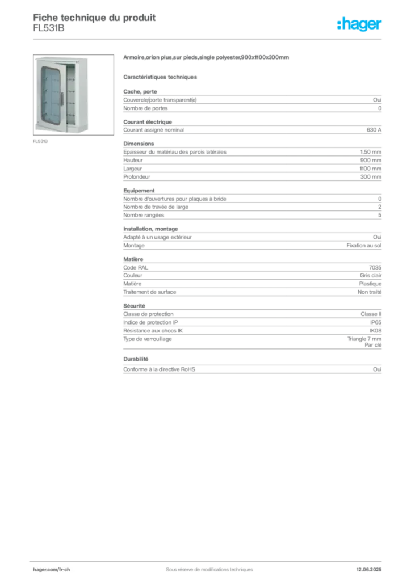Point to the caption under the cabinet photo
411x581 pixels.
pos(41,141)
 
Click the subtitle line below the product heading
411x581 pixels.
pos(161,77)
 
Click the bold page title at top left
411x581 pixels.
pos(94,15)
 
